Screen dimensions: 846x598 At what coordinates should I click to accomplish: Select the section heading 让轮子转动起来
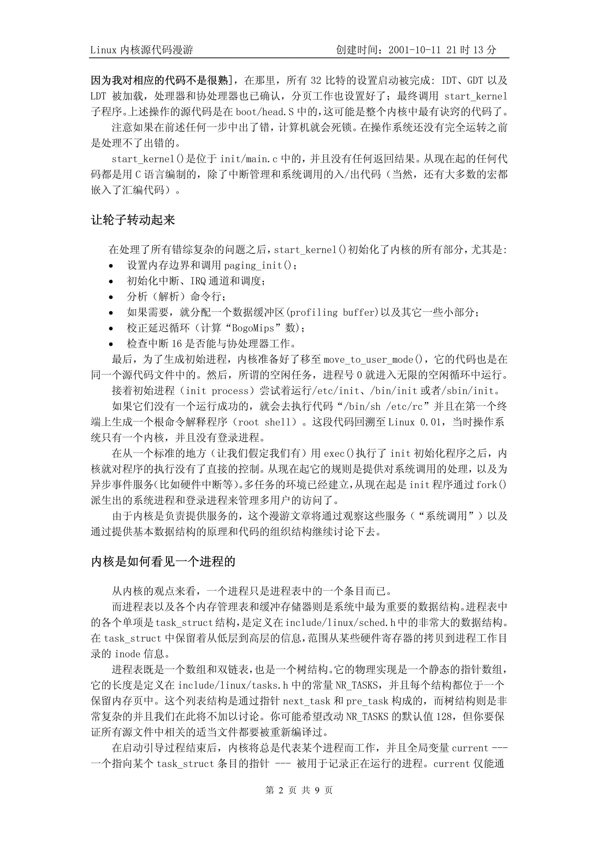133,220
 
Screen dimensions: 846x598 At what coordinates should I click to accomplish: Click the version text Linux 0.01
415,422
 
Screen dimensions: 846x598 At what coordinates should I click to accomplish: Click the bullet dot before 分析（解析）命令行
111,297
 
